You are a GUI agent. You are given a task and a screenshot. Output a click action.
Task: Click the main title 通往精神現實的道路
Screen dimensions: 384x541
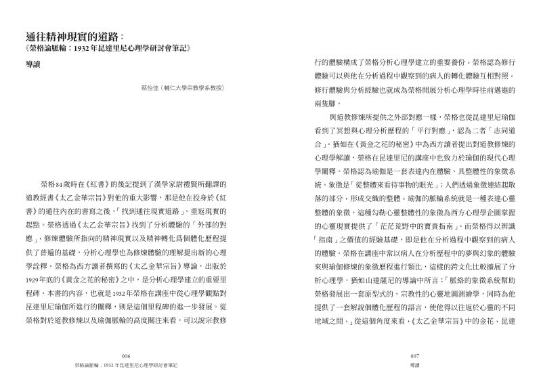pos(71,36)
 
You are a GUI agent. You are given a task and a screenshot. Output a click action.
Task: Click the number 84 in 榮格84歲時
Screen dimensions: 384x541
pos(60,186)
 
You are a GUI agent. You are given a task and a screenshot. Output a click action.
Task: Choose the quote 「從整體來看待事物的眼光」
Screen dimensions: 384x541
pos(396,186)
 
